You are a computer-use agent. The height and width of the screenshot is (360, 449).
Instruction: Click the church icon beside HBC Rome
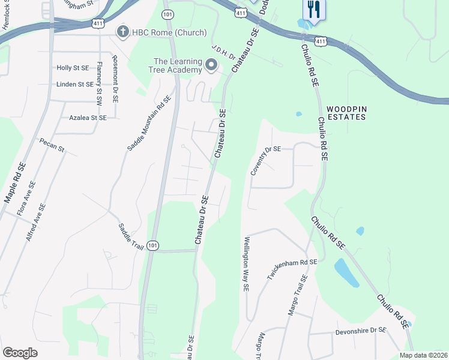(x=124, y=32)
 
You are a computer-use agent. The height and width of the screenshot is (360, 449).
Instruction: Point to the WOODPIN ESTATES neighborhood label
(x=346, y=113)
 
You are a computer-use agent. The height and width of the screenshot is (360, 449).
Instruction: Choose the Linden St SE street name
(x=75, y=85)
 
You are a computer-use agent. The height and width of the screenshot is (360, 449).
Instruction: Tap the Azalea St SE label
(x=88, y=118)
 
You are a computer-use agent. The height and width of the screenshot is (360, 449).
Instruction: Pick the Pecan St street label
(x=52, y=145)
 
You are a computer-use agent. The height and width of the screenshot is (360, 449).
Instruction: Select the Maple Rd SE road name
(x=15, y=181)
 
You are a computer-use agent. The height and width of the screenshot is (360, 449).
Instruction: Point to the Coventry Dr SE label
(x=266, y=160)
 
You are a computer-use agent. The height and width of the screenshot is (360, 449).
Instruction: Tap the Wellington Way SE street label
(x=246, y=264)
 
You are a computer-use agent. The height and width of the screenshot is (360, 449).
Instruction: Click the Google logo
(x=20, y=352)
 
